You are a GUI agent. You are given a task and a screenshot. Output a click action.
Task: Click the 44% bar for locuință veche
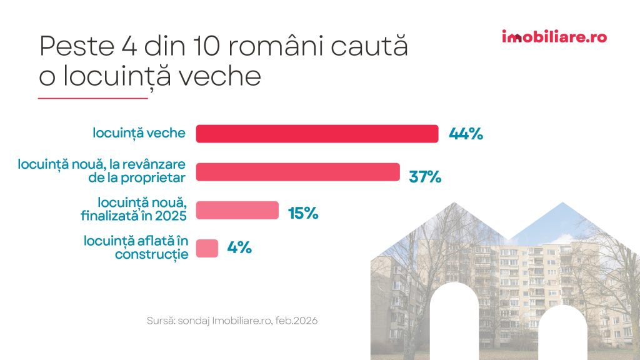[317, 134]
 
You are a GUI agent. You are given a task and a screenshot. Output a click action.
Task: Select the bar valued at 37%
[297, 172]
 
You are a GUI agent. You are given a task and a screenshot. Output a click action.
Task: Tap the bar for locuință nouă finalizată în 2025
[237, 210]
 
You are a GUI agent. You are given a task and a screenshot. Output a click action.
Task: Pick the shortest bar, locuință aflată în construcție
[207, 248]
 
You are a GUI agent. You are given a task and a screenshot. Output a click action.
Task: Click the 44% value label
[466, 134]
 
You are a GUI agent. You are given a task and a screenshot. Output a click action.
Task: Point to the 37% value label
[425, 177]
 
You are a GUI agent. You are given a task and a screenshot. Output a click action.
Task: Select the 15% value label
[303, 213]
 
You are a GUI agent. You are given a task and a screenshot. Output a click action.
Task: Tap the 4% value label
[239, 248]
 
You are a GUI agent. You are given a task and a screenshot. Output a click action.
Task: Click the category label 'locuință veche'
[139, 133]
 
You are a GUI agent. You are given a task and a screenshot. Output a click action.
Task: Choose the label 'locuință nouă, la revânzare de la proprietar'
[102, 171]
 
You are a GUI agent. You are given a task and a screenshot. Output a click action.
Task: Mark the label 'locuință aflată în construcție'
[135, 248]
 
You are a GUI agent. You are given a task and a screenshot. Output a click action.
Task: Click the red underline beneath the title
[92, 98]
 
